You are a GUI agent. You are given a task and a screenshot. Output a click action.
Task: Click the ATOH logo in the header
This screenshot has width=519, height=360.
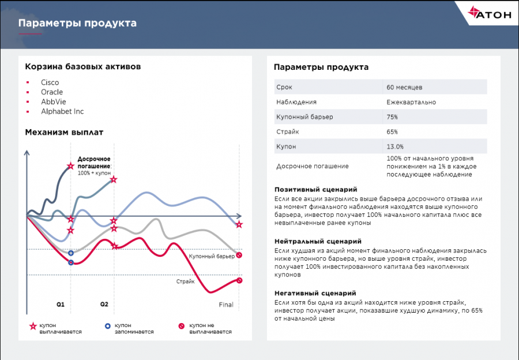[x=490, y=16]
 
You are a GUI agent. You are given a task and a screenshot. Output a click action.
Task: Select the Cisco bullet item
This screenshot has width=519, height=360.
[x=50, y=82]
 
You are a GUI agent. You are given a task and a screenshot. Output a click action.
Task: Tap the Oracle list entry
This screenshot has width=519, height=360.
[x=52, y=92]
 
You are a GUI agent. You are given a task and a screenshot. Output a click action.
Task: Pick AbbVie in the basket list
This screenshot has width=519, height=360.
[x=53, y=102]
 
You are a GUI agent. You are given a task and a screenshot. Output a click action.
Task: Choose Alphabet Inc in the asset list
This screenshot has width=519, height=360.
[x=62, y=111]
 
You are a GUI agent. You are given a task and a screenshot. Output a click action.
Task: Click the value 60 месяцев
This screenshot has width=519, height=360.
[x=404, y=87]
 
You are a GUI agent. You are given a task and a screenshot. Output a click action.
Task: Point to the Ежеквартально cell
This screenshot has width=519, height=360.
[x=411, y=102]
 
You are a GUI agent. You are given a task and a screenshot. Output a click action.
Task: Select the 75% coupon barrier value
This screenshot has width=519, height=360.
[x=392, y=117]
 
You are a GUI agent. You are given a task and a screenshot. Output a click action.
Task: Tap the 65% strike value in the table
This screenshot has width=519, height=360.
[x=392, y=132]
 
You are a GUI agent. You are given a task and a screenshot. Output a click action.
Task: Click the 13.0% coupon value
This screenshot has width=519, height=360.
[x=395, y=147]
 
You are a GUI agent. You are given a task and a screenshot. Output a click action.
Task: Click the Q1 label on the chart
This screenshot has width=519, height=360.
[x=61, y=304]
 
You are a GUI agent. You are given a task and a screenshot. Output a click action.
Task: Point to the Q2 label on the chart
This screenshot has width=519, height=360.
[x=104, y=304]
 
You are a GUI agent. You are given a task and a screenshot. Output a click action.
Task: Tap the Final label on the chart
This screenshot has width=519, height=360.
[x=226, y=305]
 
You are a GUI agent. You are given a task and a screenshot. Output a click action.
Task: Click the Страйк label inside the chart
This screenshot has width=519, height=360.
[x=185, y=282]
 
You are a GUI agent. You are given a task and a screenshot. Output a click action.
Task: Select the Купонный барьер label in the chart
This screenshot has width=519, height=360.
[x=212, y=256]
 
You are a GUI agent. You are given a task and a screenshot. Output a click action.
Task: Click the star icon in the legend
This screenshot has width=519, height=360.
[x=33, y=327]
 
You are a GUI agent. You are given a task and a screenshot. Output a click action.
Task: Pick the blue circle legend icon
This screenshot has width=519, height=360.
[x=107, y=327]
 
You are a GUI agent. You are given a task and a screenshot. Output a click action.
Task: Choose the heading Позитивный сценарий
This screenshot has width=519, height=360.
[x=315, y=189]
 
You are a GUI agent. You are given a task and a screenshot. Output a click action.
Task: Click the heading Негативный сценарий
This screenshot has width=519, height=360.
[x=315, y=293]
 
